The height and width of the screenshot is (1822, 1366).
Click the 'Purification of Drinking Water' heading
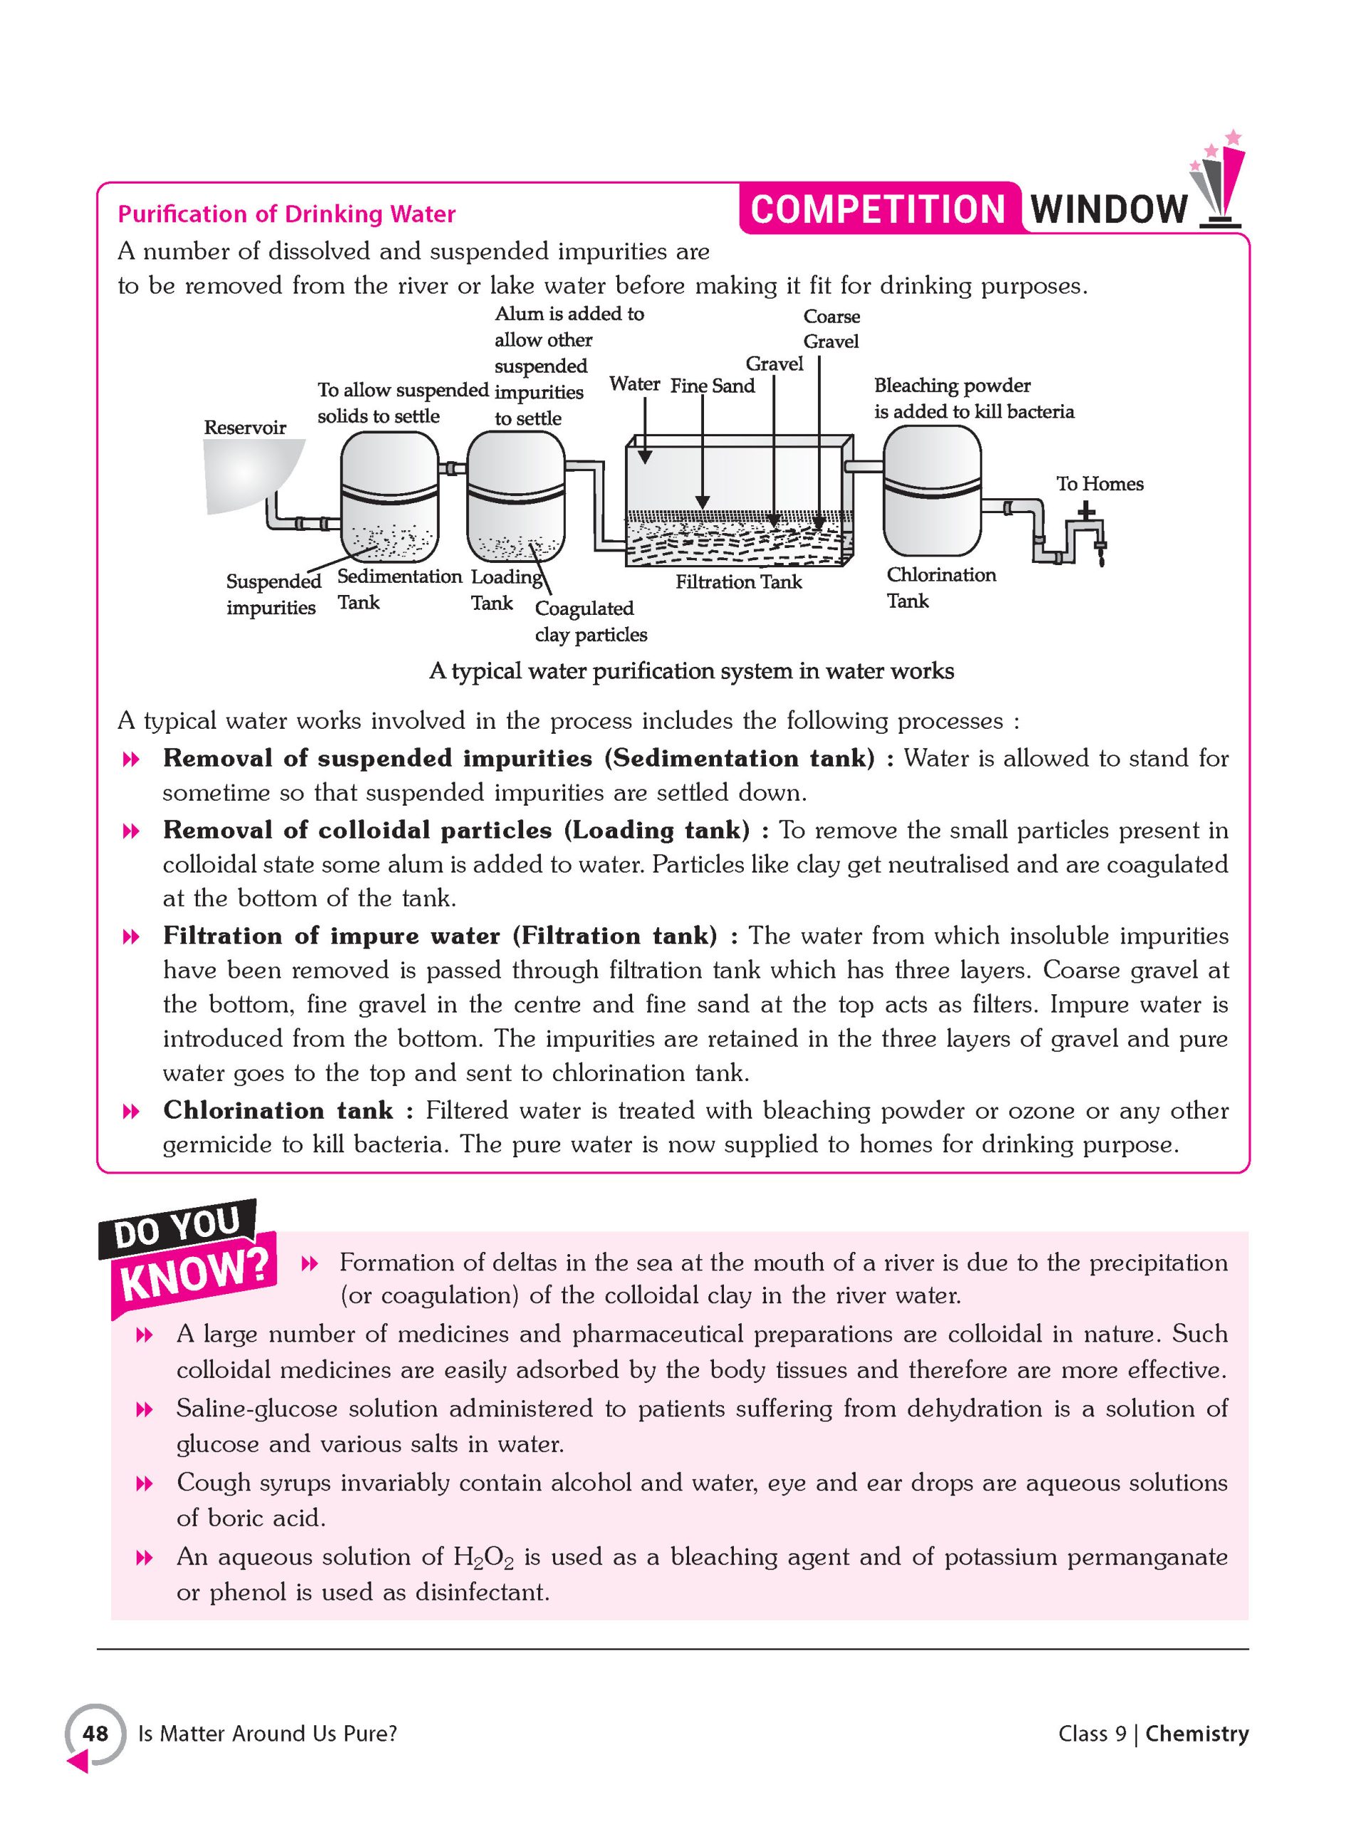tap(286, 214)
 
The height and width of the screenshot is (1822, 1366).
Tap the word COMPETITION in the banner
tap(878, 209)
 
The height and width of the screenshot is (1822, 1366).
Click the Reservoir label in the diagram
tap(245, 428)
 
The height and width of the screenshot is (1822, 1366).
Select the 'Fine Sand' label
tap(712, 386)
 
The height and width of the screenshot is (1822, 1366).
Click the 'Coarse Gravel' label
tap(831, 329)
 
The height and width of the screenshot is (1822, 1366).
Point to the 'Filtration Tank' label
tap(738, 582)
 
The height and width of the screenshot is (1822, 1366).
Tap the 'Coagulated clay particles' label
tap(590, 621)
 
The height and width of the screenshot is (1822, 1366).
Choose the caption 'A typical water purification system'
tap(691, 671)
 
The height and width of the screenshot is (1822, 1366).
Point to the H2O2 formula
tap(483, 1557)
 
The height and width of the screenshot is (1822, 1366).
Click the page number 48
tap(95, 1734)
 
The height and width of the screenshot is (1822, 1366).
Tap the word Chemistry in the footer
tap(1197, 1734)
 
